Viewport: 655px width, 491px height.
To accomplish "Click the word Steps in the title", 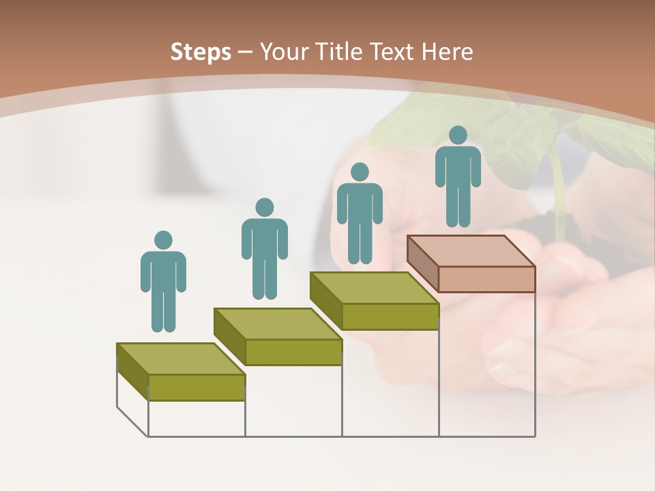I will pos(201,52).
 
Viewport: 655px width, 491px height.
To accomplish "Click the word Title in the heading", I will pos(340,52).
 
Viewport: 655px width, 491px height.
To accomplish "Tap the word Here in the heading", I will pos(447,52).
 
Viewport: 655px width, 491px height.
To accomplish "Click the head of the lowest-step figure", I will pos(163,240).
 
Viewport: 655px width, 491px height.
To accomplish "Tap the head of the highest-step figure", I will pos(458,135).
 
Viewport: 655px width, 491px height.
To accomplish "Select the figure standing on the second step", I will pos(265,249).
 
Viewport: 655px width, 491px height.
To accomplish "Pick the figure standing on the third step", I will pos(360,213).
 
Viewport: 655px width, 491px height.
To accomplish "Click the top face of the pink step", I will pos(471,251).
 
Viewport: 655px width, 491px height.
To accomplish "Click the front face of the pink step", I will pos(486,279).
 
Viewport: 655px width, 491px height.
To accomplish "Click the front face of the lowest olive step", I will pos(196,387).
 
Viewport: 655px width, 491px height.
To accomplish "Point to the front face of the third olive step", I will pos(390,316).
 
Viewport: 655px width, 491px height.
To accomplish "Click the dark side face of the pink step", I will pos(422,263).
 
